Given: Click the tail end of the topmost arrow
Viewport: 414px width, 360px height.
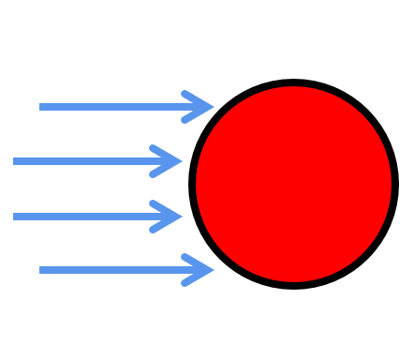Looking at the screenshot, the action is (x=40, y=107).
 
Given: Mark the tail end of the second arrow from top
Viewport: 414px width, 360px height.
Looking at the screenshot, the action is (x=14, y=161).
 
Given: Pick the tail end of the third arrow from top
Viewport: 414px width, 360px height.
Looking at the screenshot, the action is (x=14, y=217).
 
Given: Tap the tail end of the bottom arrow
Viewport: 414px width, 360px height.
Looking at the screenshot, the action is (x=40, y=270).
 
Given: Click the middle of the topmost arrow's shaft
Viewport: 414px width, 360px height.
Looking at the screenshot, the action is (x=126, y=107).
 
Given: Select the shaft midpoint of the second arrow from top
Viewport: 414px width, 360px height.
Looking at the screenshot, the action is (x=96, y=161).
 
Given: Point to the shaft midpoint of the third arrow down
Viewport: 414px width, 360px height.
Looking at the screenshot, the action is (x=96, y=217).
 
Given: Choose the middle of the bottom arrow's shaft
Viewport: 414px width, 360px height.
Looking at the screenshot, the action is (x=126, y=270).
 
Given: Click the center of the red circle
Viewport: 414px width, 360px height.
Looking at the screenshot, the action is (x=293, y=184).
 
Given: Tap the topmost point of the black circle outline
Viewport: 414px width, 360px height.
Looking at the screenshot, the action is (x=293, y=82).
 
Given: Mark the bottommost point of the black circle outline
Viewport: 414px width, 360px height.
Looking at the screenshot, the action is (x=293, y=285).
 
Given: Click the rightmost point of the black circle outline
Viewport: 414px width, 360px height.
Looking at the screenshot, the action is (x=394, y=184).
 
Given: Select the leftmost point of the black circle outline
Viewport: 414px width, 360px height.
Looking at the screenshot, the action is (x=192, y=184).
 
